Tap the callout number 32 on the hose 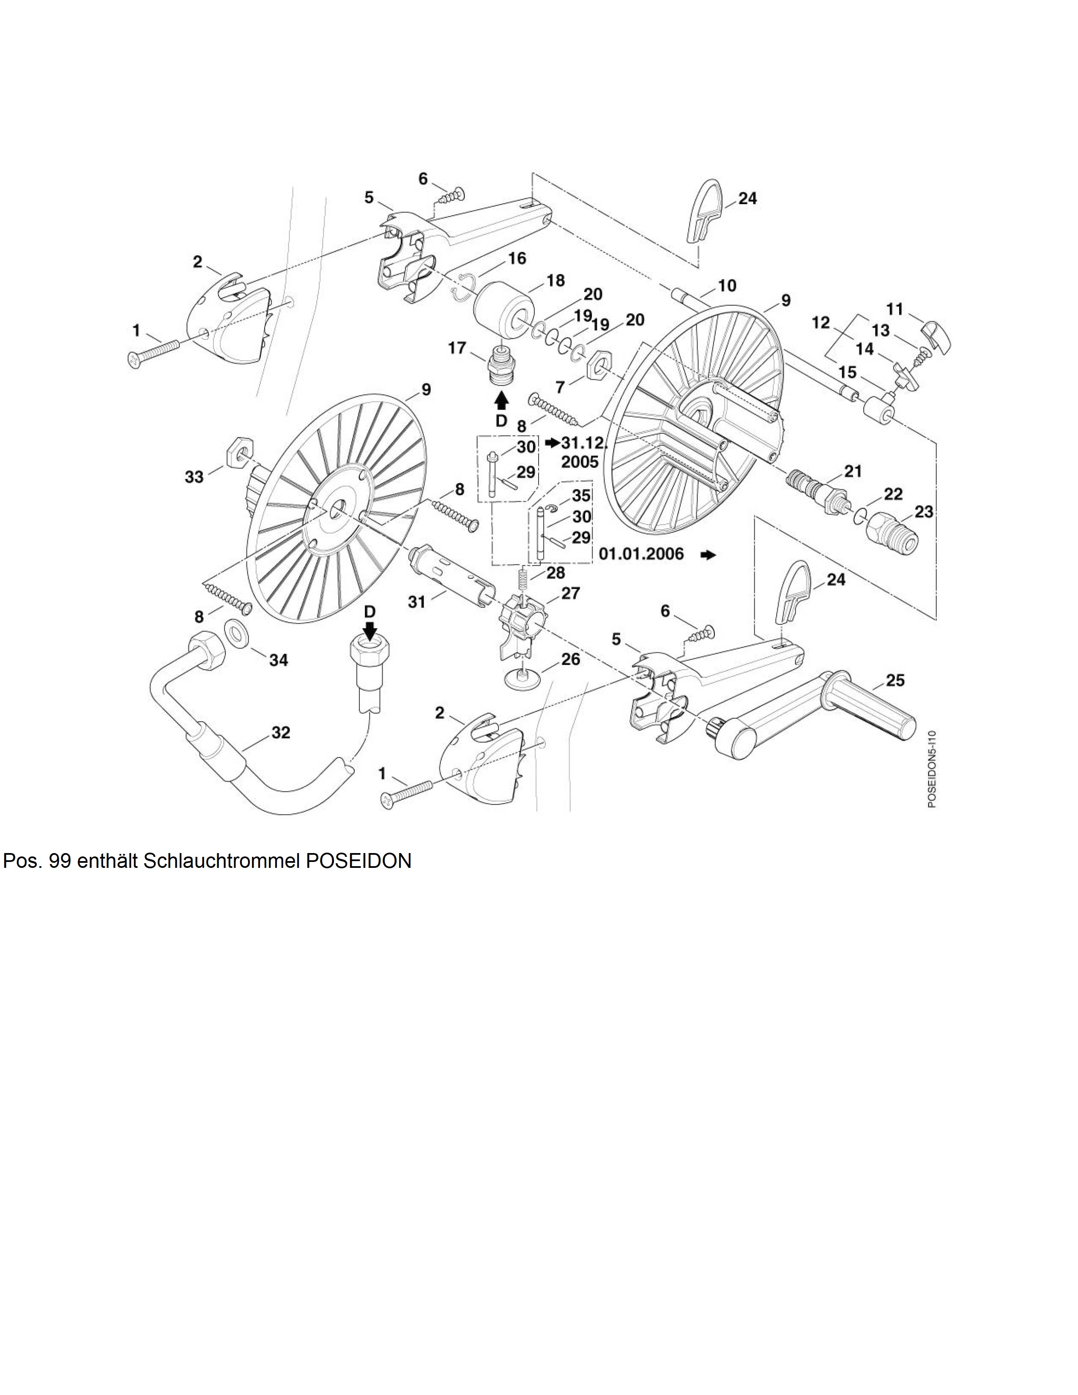[281, 733]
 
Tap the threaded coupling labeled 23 [893, 533]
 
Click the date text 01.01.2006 [641, 554]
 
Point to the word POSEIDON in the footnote [359, 862]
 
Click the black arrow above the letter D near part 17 [502, 400]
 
